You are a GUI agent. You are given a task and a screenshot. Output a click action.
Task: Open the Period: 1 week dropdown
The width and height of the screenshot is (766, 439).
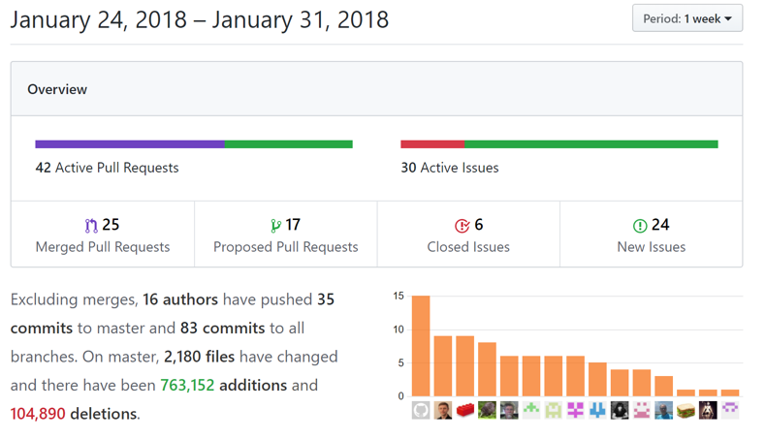coord(687,18)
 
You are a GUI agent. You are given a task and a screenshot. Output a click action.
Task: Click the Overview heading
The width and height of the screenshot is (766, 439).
coord(57,89)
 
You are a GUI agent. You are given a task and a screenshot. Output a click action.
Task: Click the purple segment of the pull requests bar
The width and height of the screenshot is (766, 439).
coord(130,144)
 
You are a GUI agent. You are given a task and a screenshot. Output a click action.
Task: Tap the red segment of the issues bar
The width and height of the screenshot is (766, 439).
coord(432,144)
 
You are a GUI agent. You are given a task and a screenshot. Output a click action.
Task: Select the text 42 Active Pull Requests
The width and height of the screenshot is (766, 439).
coord(107,168)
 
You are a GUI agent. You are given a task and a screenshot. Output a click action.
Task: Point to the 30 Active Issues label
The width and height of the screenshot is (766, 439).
coord(450,168)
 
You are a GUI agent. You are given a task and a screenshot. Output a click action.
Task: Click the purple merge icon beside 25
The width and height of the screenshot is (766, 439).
coord(91,226)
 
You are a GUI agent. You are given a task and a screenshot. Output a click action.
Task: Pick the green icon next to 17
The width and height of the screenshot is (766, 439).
coord(275,226)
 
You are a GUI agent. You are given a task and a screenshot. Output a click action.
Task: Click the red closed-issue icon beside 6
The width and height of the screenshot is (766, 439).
coord(462,226)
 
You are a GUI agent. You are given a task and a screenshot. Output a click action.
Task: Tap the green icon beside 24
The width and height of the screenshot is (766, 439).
coord(640,226)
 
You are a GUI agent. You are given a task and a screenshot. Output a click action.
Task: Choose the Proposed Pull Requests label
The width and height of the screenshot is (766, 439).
coord(286,247)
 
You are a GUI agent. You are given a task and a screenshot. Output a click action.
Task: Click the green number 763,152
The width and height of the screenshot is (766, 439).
coord(187,385)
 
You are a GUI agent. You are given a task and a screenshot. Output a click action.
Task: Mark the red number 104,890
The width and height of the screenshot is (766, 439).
coord(38,414)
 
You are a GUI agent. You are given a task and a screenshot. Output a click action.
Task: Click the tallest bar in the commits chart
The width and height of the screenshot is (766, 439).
coord(421,346)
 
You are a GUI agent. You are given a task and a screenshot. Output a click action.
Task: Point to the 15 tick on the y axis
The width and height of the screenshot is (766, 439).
coord(399,297)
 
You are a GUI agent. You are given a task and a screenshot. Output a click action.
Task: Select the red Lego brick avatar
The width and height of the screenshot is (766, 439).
coord(465,410)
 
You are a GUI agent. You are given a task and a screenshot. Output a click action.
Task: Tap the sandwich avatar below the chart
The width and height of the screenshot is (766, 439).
coord(686,410)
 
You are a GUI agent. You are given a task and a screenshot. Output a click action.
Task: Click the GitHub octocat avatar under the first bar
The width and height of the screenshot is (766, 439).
coord(421,410)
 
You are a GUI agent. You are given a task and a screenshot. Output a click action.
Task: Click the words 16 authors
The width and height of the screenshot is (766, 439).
coord(180,299)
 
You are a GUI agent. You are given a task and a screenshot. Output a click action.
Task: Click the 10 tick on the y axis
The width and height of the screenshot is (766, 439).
coord(399,329)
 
